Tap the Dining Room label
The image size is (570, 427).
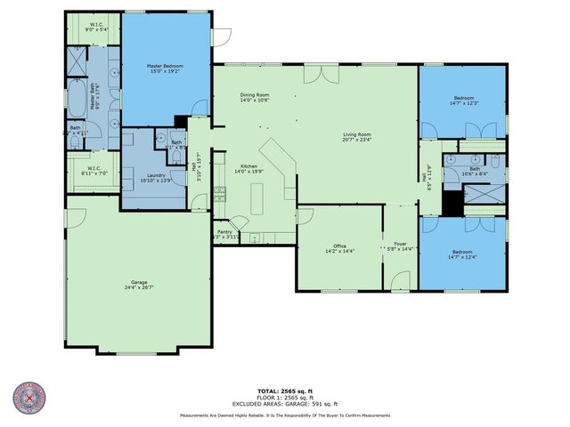(255, 95)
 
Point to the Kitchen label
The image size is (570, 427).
(245, 165)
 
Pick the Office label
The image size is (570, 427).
(339, 246)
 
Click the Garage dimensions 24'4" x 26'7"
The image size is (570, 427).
(139, 287)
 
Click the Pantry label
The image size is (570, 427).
(224, 232)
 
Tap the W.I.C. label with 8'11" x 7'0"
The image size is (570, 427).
(93, 173)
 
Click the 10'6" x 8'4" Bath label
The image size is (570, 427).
(474, 173)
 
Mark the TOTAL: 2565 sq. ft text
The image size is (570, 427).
(284, 391)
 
